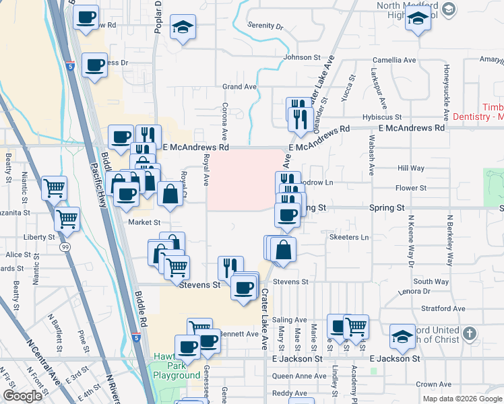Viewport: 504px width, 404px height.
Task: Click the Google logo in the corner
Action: pyautogui.click(x=22, y=396)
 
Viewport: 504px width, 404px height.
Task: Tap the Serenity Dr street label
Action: pyautogui.click(x=265, y=26)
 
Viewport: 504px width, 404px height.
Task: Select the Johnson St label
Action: pyautogui.click(x=301, y=57)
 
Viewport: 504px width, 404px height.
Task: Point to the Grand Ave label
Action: pyautogui.click(x=240, y=87)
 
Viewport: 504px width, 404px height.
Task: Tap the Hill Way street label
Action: pyautogui.click(x=411, y=168)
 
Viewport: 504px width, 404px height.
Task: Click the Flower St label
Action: pyautogui.click(x=411, y=188)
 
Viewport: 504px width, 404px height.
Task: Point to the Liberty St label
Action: pyautogui.click(x=40, y=238)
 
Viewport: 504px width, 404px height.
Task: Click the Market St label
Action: pyautogui.click(x=144, y=222)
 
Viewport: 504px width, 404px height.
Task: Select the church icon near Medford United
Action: pyautogui.click(x=470, y=333)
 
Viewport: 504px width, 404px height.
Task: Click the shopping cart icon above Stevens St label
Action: pyautogui.click(x=177, y=266)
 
